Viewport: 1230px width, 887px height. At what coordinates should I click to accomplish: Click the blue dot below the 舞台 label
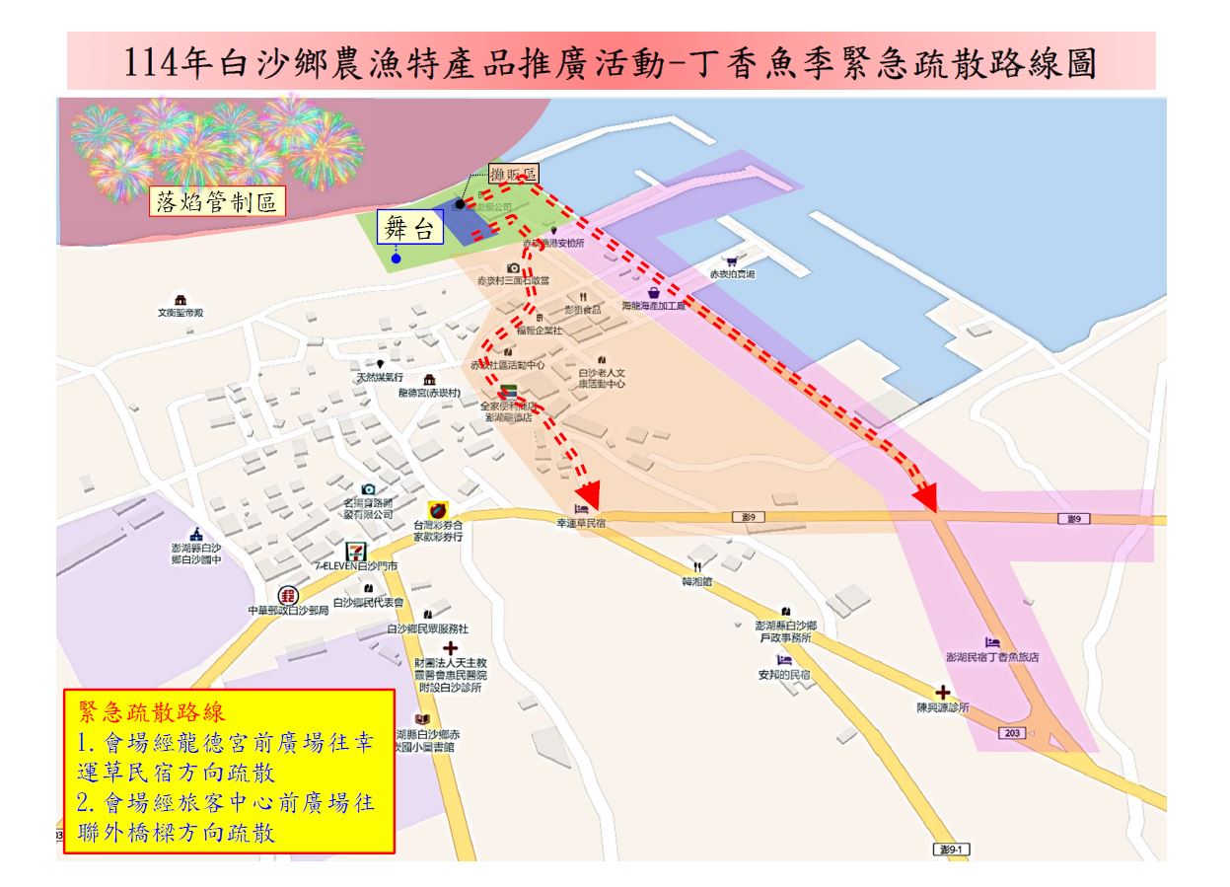click(x=396, y=259)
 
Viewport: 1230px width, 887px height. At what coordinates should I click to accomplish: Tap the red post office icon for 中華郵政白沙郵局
click(x=288, y=595)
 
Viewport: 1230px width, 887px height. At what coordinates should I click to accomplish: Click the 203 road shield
click(x=1011, y=734)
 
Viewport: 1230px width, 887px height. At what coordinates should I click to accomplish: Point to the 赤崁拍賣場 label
click(x=732, y=275)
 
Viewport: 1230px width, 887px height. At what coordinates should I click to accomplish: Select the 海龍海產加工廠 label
click(x=654, y=307)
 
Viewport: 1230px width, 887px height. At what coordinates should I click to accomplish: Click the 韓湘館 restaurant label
click(x=696, y=582)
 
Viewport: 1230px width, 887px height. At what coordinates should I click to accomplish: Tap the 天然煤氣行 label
click(x=380, y=378)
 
